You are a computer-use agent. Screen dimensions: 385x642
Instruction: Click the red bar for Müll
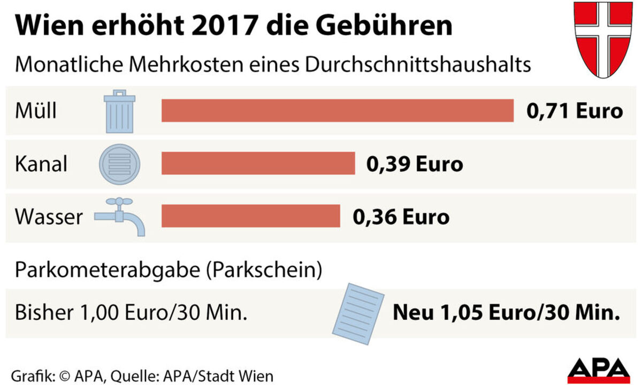[x=337, y=111]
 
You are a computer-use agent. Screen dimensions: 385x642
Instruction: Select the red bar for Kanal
[x=258, y=163]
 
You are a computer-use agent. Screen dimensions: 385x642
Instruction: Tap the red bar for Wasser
[x=250, y=215]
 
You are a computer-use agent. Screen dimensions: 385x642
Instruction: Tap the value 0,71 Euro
[x=575, y=111]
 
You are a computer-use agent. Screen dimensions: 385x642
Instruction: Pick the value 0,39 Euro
[x=415, y=164]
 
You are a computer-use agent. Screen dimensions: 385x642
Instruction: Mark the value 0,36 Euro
[x=401, y=217]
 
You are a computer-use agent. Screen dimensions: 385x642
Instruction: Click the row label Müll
[x=36, y=111]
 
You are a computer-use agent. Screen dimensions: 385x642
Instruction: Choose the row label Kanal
[x=41, y=164]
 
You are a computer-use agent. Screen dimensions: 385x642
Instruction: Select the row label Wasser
[x=49, y=217]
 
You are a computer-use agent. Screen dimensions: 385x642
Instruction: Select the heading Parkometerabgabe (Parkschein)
[x=169, y=270]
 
